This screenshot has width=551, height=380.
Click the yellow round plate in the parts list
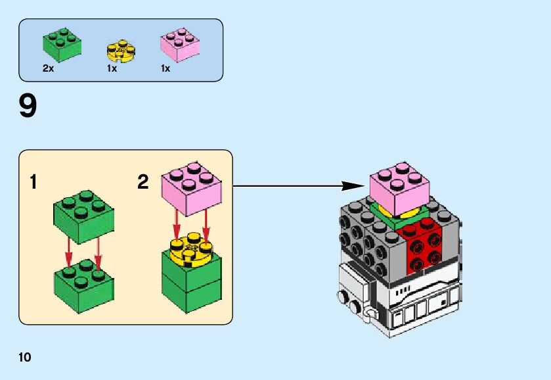(121, 51)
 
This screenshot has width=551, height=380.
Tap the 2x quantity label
(48, 68)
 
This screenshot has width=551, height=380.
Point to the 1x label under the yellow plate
(112, 68)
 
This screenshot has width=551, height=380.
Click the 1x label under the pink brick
(165, 68)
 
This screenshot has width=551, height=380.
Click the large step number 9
(28, 107)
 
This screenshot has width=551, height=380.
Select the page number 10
(25, 358)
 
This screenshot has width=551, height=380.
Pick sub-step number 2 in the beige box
(143, 182)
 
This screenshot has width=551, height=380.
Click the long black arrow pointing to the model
(296, 186)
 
